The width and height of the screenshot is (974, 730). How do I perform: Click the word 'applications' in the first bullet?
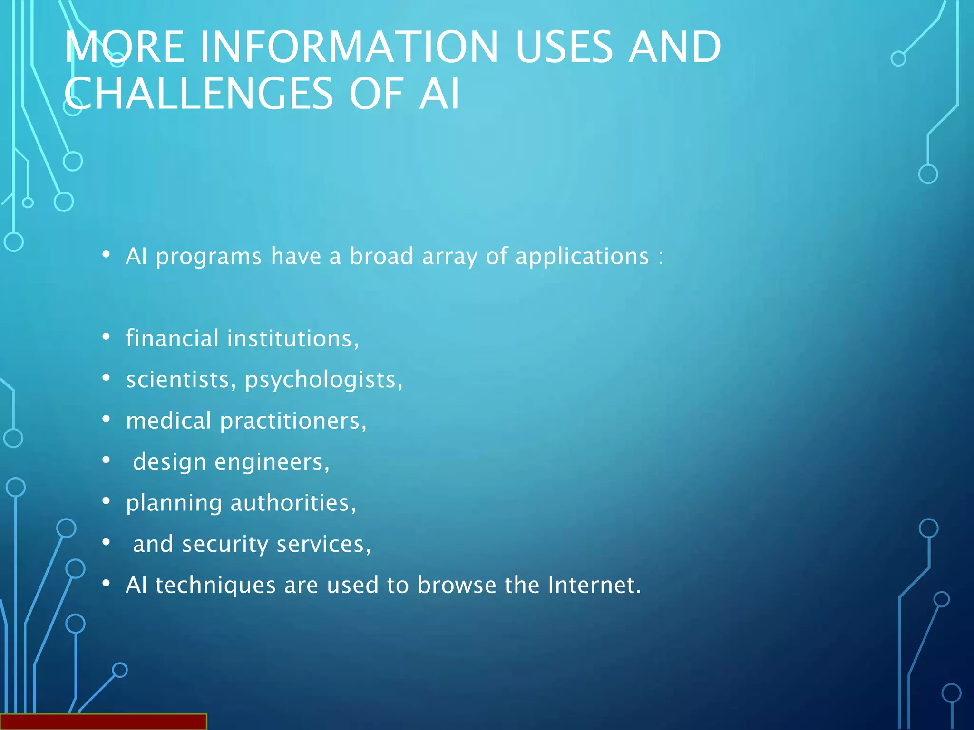[x=582, y=257]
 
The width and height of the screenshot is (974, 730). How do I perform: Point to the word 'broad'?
[x=381, y=256]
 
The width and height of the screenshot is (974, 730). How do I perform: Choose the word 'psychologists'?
[x=323, y=380]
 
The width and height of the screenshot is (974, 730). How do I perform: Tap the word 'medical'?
[x=168, y=421]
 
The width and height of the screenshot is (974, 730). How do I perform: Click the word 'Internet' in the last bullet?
[x=594, y=585]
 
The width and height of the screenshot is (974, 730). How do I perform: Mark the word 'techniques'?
[x=215, y=586]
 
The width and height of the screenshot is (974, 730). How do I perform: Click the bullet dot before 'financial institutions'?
[x=106, y=337]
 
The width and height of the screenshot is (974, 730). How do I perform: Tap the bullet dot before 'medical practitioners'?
[x=106, y=419]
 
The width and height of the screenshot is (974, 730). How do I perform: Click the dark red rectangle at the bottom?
[x=103, y=721]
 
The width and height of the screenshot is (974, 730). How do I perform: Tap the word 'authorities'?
[x=293, y=503]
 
